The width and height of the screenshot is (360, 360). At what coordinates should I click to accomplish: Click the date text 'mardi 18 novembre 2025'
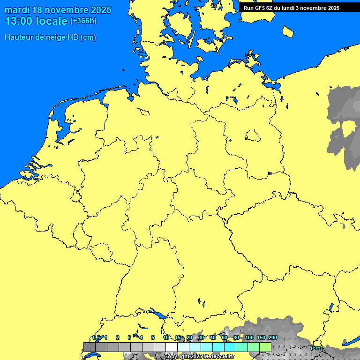58,10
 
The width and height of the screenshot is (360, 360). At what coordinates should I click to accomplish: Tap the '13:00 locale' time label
36,21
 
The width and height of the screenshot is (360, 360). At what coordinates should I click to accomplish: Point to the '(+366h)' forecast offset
83,21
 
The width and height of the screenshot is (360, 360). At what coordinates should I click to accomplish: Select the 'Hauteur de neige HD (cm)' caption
50,37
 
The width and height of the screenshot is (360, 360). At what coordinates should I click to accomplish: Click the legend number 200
272,337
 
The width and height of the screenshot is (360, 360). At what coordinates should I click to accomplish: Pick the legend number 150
261,337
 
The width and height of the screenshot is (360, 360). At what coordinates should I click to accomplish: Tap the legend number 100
249,337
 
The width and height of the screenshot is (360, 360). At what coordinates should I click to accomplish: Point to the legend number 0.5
96,337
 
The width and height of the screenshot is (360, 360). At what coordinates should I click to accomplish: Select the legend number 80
236,337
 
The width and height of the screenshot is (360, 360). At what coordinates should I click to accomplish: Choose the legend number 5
153,337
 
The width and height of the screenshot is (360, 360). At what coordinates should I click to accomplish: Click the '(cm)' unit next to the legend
316,348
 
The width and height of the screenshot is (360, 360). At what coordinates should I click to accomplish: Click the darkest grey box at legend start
89,347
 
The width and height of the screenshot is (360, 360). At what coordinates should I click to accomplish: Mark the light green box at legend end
265,347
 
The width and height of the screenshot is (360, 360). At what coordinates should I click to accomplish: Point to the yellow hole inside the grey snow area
350,127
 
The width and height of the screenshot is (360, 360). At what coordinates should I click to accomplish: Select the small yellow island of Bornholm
289,31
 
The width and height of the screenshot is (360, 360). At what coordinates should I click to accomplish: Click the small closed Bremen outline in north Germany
143,112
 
